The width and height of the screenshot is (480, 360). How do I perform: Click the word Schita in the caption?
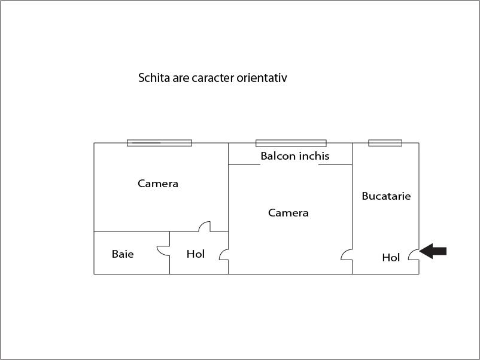(154, 78)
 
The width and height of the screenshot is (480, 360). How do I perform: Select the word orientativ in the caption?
(262, 78)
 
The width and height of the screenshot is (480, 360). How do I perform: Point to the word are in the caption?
(181, 79)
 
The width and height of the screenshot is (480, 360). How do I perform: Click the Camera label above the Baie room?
(158, 184)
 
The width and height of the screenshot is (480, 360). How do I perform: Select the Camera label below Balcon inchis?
(288, 213)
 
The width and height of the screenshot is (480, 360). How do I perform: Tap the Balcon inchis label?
(295, 156)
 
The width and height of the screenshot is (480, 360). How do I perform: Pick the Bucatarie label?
(386, 196)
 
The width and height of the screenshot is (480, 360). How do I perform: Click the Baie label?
(123, 254)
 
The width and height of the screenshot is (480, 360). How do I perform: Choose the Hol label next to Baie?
(196, 254)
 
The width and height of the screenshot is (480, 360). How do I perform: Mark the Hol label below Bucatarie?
(391, 258)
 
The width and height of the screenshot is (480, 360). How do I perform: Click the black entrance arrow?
(433, 251)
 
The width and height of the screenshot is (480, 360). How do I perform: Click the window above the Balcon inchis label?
(291, 143)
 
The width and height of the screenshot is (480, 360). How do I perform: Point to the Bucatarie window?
(385, 143)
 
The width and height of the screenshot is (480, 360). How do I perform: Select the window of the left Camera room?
(159, 143)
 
